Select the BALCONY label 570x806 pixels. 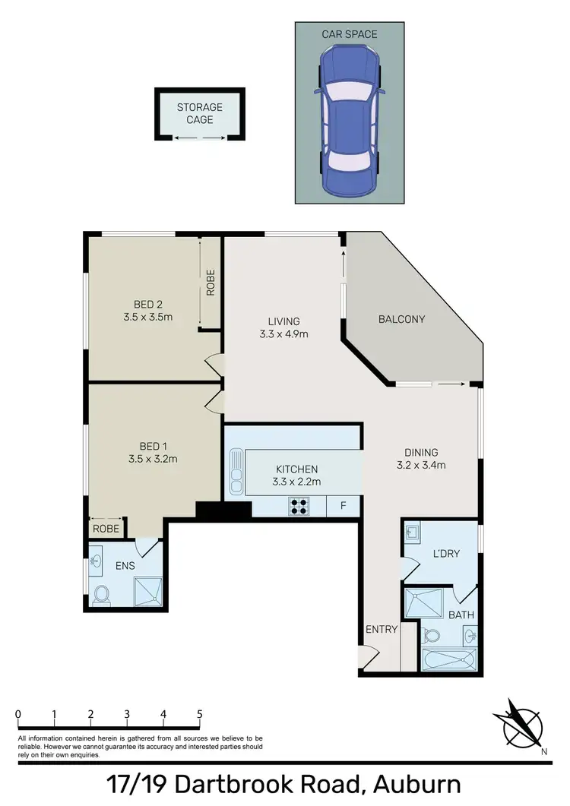tap(401, 319)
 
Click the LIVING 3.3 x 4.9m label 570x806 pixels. tap(283, 327)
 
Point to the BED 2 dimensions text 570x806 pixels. tap(149, 317)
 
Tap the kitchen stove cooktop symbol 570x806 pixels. tap(298, 506)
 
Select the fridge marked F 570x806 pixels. tap(342, 506)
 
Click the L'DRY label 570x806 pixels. tap(445, 554)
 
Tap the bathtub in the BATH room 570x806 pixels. tap(448, 659)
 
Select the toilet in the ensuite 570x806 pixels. tap(101, 595)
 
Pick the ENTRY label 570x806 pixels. tap(381, 629)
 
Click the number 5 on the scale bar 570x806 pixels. tap(199, 714)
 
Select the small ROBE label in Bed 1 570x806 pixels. tap(106, 528)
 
